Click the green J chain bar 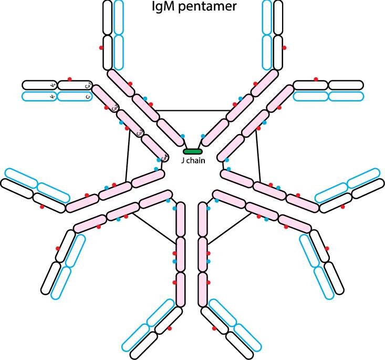(192, 152)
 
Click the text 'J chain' (192, 161)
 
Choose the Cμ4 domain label (164, 157)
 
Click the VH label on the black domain (53, 84)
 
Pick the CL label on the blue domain (88, 97)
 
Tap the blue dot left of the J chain (182, 136)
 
